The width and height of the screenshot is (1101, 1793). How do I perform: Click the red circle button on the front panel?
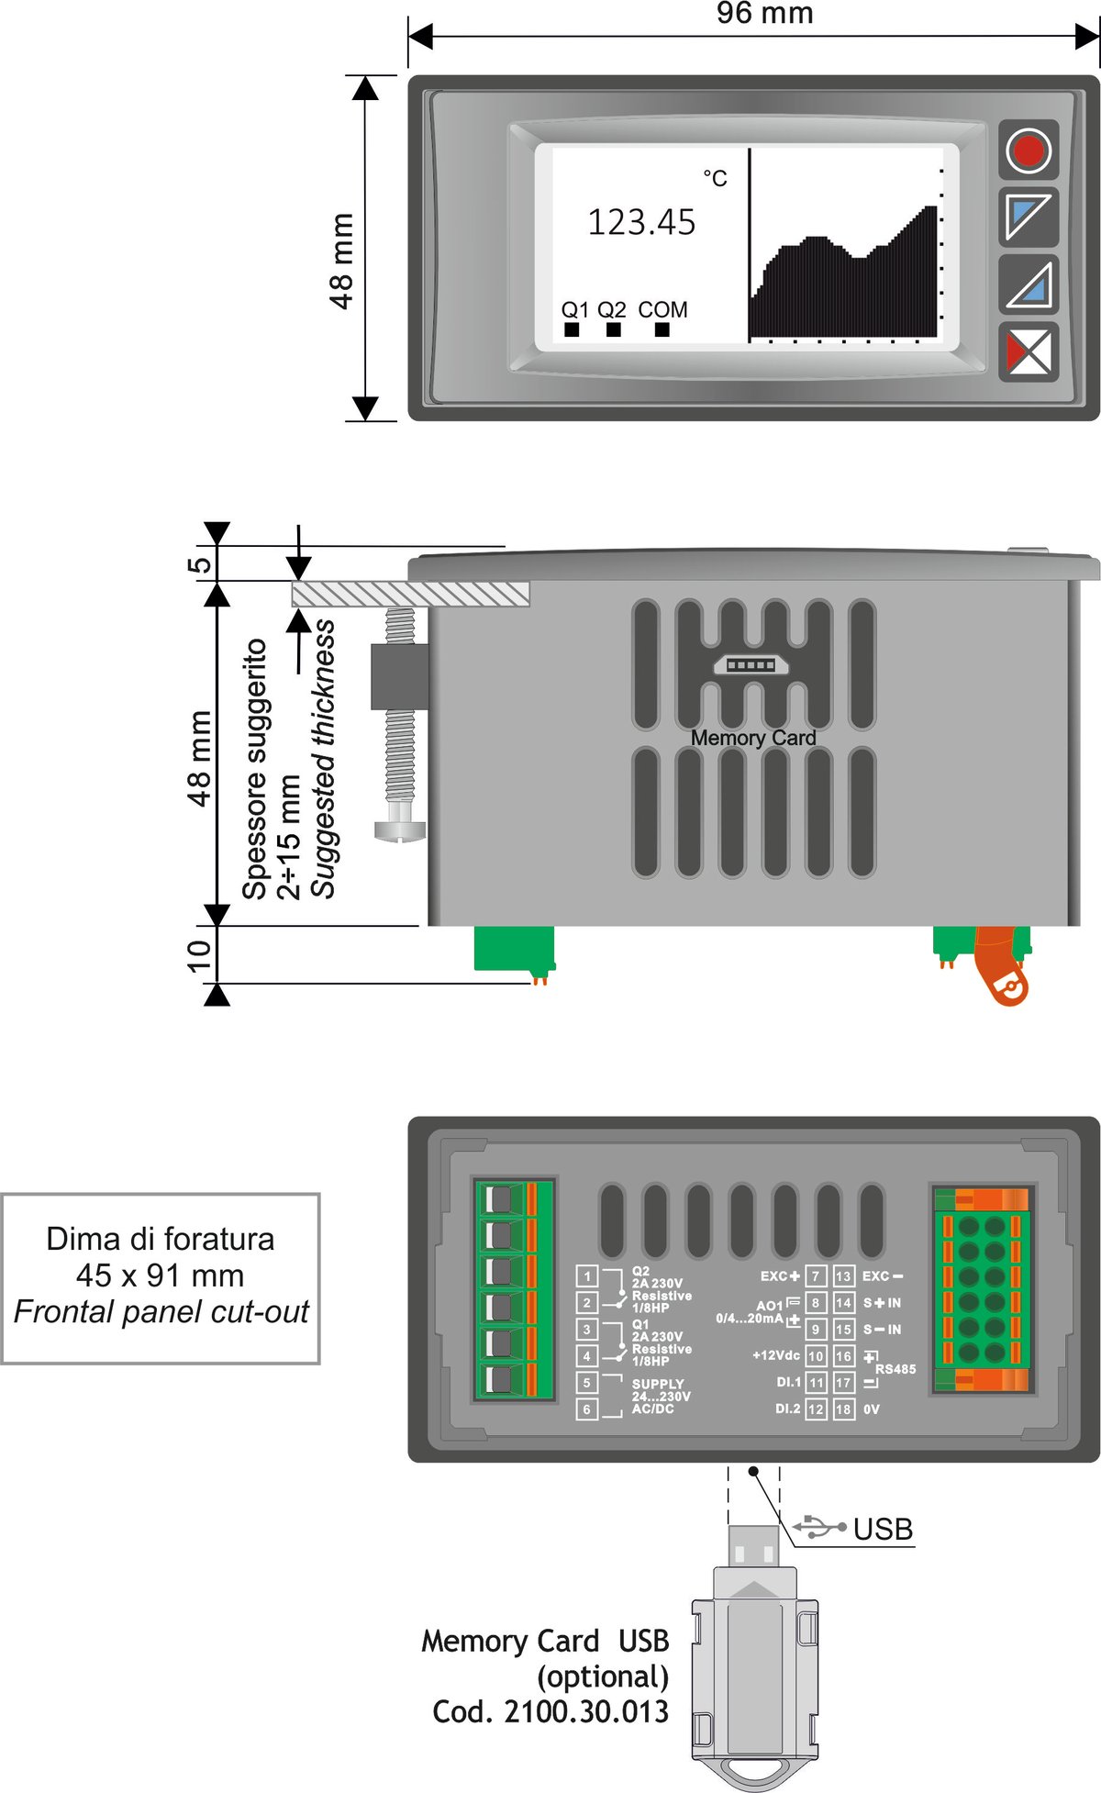[1028, 150]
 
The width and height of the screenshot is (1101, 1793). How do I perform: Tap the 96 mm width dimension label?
[764, 14]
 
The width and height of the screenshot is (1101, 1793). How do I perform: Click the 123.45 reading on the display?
[641, 223]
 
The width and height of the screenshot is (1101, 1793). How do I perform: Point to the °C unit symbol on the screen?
[715, 178]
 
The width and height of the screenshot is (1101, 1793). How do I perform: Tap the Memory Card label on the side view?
[753, 739]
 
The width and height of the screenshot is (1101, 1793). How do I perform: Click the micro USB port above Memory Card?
[751, 664]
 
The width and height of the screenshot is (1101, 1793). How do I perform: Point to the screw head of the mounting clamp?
[400, 830]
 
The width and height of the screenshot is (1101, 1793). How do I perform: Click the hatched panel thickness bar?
[411, 594]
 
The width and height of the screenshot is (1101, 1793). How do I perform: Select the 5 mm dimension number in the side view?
[198, 564]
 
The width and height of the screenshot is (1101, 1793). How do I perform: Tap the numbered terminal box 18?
[843, 1409]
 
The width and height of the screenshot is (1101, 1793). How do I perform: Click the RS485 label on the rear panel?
[895, 1369]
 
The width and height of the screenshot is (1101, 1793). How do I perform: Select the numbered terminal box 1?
[587, 1276]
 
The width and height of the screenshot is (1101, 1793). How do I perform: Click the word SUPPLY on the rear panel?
[658, 1384]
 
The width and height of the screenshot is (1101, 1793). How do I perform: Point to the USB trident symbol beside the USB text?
[819, 1528]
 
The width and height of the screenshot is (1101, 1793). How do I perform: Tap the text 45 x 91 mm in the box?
[161, 1275]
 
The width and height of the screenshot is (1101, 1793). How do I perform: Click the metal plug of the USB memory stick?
[753, 1546]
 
